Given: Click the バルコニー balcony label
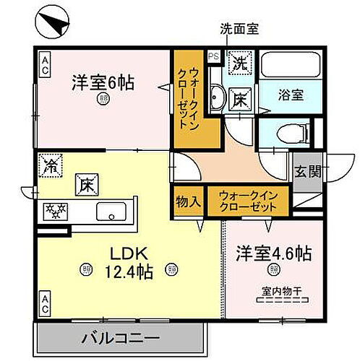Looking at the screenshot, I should point(120,338).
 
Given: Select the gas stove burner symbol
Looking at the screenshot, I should point(55,212).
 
